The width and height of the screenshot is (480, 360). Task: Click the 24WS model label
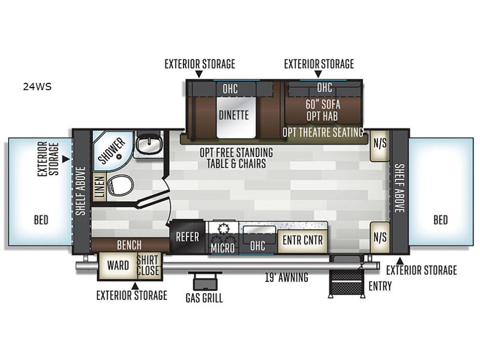tap(37, 87)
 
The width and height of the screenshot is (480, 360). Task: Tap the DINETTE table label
tap(234, 115)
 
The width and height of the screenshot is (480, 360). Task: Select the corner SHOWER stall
tap(112, 151)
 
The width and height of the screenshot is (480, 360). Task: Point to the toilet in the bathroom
tap(120, 185)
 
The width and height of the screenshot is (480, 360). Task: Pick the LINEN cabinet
tap(100, 187)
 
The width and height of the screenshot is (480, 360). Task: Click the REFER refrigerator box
tap(187, 236)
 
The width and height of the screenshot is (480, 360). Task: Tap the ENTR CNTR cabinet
tap(302, 241)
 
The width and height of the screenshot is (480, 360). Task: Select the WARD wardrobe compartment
tap(118, 266)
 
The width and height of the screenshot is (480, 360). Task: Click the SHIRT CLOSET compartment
tap(149, 266)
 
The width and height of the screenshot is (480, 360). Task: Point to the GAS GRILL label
tap(204, 298)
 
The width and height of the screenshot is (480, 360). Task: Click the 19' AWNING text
tap(287, 277)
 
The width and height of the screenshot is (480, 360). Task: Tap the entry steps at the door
tap(347, 283)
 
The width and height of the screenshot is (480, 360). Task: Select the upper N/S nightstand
tap(380, 146)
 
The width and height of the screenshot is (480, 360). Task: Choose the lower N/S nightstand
tap(380, 238)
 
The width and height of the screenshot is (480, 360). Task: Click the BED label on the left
tap(41, 220)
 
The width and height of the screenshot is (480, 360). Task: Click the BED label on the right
tap(440, 220)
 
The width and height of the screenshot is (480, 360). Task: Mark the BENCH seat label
tap(129, 245)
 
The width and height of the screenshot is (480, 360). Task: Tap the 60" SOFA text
tap(323, 104)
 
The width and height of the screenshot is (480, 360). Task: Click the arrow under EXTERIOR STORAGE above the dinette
tap(199, 74)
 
